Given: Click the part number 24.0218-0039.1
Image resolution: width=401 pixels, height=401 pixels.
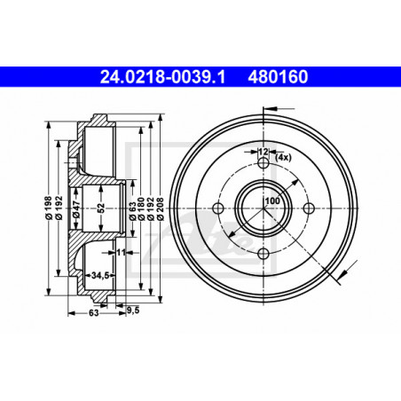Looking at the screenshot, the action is click(162, 77).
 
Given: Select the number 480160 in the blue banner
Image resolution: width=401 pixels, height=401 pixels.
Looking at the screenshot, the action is click(278, 77).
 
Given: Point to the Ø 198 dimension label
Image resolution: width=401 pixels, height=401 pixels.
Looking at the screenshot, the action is click(49, 208).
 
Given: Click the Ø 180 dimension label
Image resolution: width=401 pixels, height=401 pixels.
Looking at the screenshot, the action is click(141, 208).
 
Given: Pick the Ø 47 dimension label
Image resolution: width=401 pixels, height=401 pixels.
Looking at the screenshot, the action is click(76, 208).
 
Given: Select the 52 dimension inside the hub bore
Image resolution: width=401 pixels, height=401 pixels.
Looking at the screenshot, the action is click(101, 208).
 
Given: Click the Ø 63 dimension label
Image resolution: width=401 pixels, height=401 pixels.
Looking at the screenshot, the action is click(133, 211).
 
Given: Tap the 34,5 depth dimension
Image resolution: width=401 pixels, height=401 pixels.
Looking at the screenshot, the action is click(99, 275).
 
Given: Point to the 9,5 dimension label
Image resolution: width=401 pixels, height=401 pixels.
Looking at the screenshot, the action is click(133, 311).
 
